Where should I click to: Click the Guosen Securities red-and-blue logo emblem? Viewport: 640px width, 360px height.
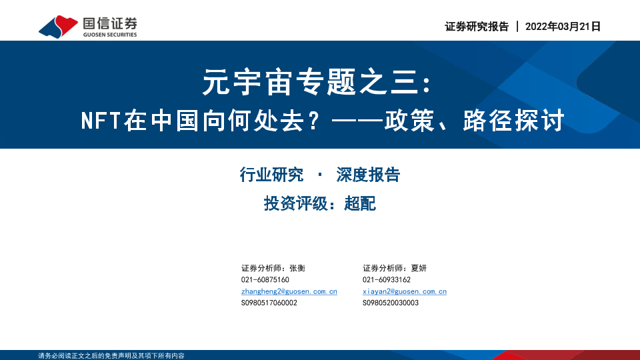click(x=58, y=27)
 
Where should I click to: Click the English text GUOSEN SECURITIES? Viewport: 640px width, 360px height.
click(x=110, y=35)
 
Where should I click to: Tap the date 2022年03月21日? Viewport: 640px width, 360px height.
click(x=563, y=27)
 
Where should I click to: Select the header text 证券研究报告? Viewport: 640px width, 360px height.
click(x=477, y=27)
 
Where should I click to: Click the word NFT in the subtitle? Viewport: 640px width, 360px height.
click(x=101, y=121)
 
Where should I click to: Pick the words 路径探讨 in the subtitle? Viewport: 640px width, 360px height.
click(x=514, y=121)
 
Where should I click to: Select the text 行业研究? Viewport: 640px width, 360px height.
click(x=271, y=175)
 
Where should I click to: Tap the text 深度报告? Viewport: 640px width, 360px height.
click(x=368, y=175)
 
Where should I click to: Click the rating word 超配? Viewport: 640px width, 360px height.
click(x=360, y=203)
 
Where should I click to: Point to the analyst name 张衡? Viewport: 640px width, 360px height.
click(x=297, y=268)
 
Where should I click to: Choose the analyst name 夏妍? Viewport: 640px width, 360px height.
click(x=419, y=268)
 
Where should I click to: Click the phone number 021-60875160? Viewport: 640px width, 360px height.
click(x=265, y=279)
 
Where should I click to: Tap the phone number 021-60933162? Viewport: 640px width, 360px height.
click(x=387, y=279)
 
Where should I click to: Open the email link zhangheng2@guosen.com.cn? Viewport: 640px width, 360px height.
click(x=289, y=291)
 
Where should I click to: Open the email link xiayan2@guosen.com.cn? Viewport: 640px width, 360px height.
click(x=405, y=291)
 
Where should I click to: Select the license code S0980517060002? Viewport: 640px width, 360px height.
click(x=269, y=303)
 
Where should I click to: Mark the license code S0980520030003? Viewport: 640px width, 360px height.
click(x=391, y=303)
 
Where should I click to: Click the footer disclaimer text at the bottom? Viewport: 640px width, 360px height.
click(x=111, y=355)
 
